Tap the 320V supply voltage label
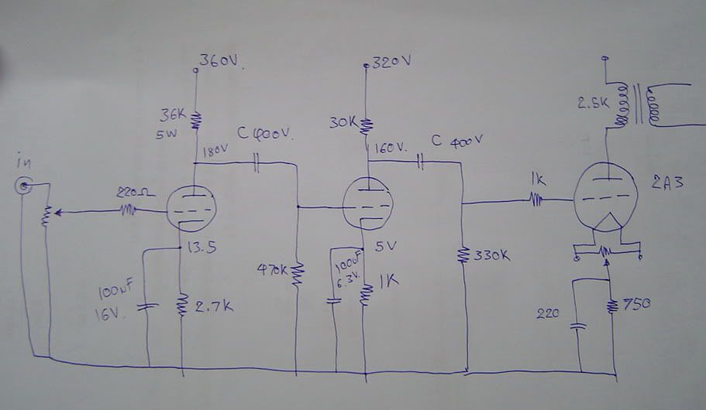pyautogui.click(x=393, y=62)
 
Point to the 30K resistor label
pyautogui.click(x=342, y=122)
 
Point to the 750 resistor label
pyautogui.click(x=634, y=303)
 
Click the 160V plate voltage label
pyautogui.click(x=389, y=146)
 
